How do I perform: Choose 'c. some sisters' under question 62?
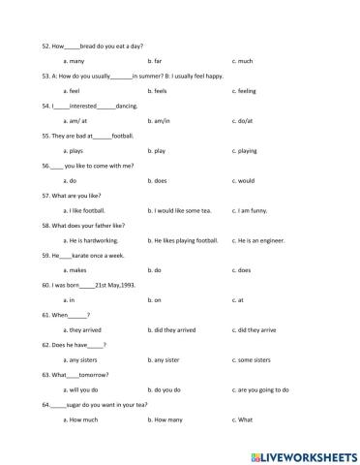click(255, 360)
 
